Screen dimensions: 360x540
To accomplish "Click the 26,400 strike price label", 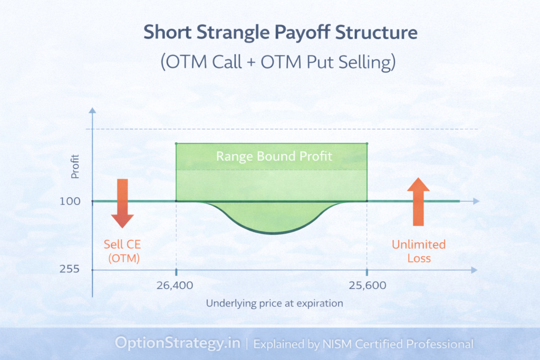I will [x=175, y=286].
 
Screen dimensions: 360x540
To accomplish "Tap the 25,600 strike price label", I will [x=367, y=286].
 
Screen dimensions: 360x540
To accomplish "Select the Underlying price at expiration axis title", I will [x=274, y=304].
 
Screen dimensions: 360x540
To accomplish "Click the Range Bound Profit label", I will [x=274, y=157].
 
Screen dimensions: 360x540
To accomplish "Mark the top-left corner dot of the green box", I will [x=176, y=143].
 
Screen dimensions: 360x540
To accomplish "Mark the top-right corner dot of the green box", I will [x=367, y=143].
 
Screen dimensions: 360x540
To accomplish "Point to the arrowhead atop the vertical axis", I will [x=93, y=111].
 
